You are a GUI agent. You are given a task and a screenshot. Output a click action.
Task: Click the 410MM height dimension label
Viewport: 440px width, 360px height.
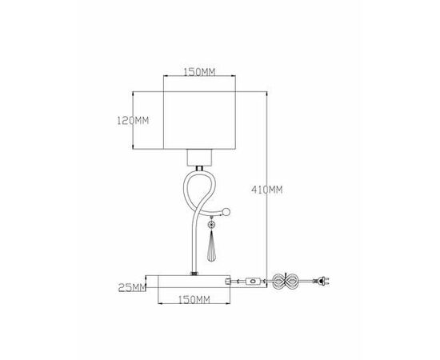click(267, 190)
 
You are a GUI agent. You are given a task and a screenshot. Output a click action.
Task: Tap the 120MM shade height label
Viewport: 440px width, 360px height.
click(133, 121)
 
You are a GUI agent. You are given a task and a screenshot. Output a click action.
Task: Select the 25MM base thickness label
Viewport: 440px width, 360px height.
click(132, 287)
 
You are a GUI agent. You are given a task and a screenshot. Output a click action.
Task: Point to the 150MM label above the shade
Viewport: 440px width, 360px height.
click(199, 72)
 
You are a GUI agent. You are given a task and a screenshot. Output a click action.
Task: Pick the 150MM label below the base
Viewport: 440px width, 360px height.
click(194, 300)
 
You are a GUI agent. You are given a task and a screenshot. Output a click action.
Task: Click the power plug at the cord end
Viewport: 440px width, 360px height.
click(322, 281)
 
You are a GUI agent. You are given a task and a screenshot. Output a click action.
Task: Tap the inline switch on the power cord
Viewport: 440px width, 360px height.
click(254, 281)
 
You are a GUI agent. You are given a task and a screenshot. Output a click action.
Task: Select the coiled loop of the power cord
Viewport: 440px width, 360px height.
click(285, 281)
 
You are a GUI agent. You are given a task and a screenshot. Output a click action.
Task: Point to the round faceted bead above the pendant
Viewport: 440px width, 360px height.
click(211, 224)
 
